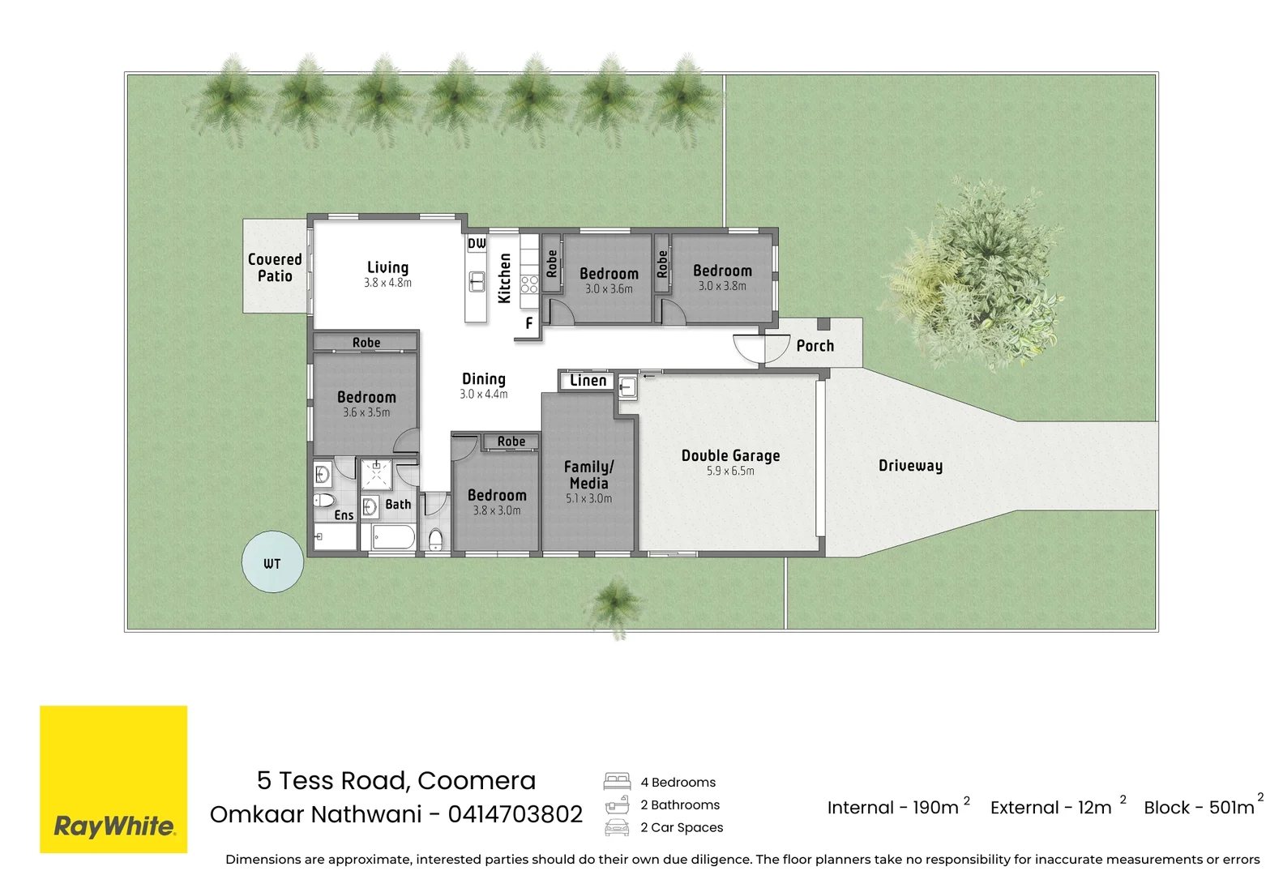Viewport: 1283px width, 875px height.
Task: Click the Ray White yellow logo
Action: click(113, 779)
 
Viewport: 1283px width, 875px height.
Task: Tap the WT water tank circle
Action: click(272, 561)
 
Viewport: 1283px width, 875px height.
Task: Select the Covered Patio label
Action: click(275, 267)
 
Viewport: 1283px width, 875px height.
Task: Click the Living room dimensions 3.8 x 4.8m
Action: click(387, 282)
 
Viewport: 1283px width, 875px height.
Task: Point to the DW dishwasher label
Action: click(477, 243)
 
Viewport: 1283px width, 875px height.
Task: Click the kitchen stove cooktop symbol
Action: click(529, 284)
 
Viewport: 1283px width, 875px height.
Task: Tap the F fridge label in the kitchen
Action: click(529, 323)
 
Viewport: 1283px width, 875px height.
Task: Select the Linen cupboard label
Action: click(588, 380)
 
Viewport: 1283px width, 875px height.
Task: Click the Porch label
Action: click(815, 346)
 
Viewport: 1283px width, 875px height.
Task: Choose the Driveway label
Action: click(910, 466)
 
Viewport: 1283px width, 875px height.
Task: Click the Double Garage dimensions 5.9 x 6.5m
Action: click(730, 471)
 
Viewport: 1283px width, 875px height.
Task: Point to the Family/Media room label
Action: click(588, 475)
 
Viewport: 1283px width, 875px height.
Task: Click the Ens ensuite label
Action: click(344, 514)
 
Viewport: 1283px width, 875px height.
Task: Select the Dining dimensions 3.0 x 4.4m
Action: click(483, 394)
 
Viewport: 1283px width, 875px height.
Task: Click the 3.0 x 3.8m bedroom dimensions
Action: click(722, 286)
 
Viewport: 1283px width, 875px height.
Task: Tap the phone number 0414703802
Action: click(515, 813)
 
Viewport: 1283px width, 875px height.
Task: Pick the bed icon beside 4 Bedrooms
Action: click(617, 782)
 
